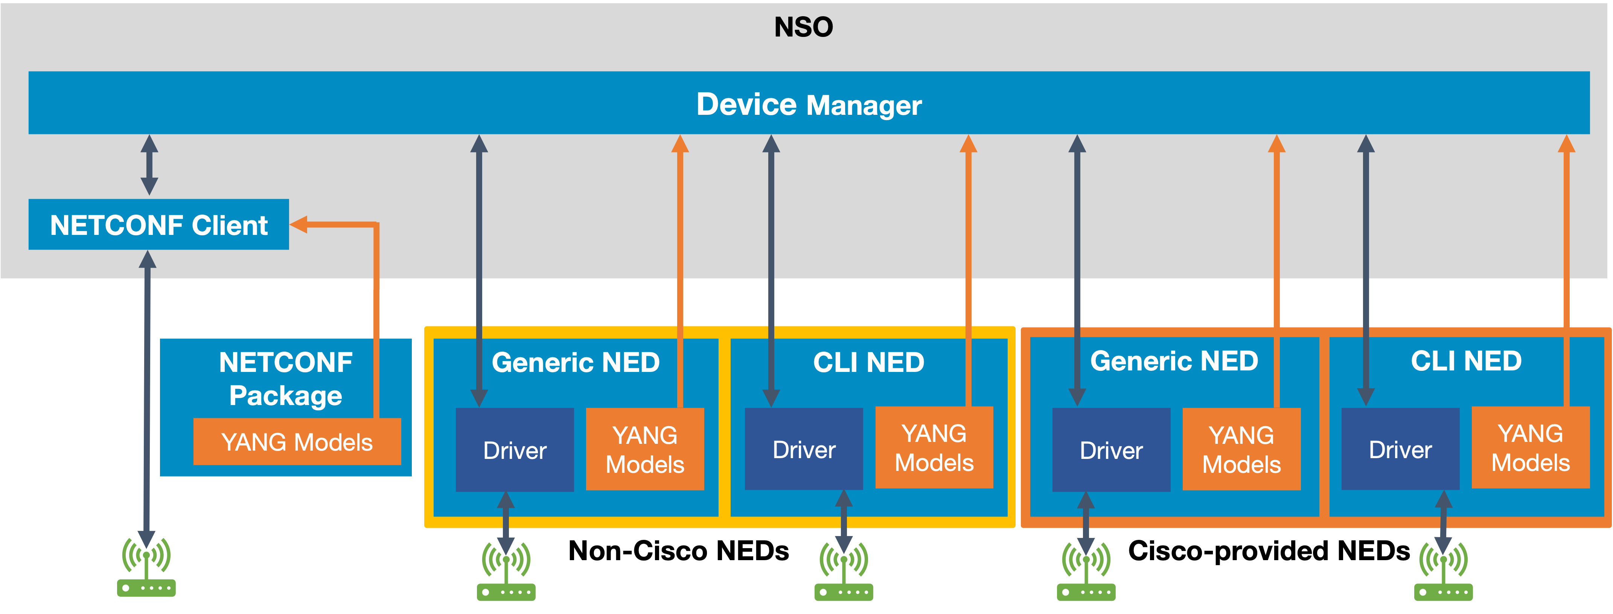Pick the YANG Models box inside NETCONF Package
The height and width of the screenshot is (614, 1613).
(297, 442)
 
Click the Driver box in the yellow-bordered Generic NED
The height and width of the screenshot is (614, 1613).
(515, 449)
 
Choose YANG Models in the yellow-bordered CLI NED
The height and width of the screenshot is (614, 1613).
(934, 448)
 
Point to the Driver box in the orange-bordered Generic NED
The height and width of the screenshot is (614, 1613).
(1112, 449)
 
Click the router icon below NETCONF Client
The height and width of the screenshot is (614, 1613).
(146, 567)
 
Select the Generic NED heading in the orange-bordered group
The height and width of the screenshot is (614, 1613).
(1174, 361)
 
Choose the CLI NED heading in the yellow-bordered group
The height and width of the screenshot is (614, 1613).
(868, 363)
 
